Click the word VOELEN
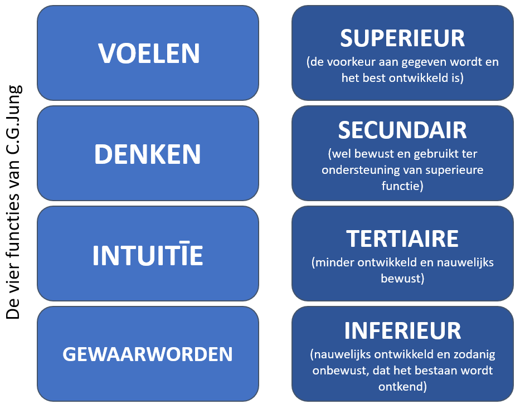pyautogui.click(x=149, y=53)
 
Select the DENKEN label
pyautogui.click(x=148, y=154)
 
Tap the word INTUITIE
pyautogui.click(x=148, y=255)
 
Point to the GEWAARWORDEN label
pyautogui.click(x=148, y=354)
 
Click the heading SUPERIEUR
pyautogui.click(x=402, y=38)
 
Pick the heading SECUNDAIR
pyautogui.click(x=402, y=130)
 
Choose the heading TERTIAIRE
pyautogui.click(x=402, y=238)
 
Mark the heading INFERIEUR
pyautogui.click(x=402, y=330)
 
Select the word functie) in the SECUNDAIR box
pyautogui.click(x=402, y=186)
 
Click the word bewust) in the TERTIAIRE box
pyautogui.click(x=402, y=278)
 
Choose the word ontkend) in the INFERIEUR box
pyautogui.click(x=402, y=387)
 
